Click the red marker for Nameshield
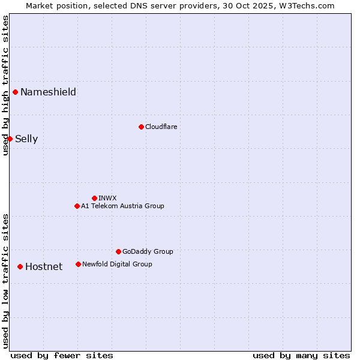16,92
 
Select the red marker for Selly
10,139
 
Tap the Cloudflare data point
141,127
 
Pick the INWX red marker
94,198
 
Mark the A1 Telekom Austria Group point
77,206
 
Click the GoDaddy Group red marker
118,251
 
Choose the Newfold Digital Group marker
78,264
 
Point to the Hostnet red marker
20,266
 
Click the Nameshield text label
48,92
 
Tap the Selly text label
26,139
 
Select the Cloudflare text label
161,127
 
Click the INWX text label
107,198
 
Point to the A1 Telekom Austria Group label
122,206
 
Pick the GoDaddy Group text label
148,251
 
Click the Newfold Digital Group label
117,264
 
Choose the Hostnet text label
44,266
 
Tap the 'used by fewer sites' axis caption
62,355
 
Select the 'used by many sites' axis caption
301,355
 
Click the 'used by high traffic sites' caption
5,85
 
